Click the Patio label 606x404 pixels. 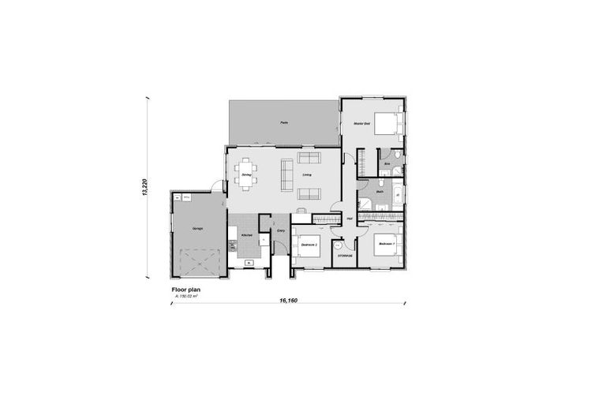tap(283, 122)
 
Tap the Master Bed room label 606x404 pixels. tap(362, 124)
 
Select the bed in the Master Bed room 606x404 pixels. tap(387, 124)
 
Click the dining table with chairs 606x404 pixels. tap(245, 181)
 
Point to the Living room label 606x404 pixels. tap(307, 175)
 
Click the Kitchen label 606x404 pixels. tap(246, 234)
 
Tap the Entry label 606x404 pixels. tap(280, 230)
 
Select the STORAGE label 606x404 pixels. tap(345, 256)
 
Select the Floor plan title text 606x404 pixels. tap(186, 290)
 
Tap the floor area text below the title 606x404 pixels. tap(186, 297)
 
